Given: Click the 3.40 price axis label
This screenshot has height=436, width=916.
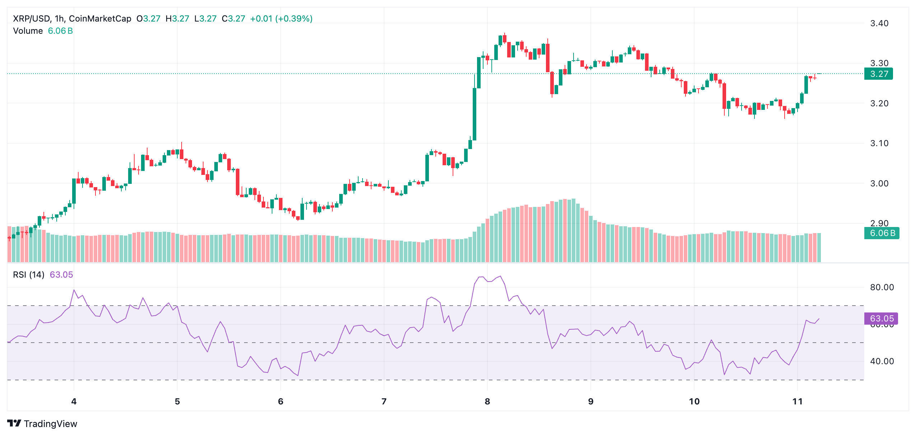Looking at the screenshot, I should pos(879,23).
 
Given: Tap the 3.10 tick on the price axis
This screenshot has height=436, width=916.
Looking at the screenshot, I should pos(879,143).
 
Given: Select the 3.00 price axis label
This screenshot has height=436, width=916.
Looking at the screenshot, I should pos(879,184).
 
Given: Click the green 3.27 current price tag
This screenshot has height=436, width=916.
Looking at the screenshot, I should pos(878,74).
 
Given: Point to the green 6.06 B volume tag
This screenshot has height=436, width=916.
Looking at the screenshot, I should pos(882,233).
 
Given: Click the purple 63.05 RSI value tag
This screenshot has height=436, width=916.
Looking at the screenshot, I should pos(882,319).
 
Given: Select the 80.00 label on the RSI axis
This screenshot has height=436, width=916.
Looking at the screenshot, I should pos(882,287).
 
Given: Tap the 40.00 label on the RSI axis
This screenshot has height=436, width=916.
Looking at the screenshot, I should pos(882,361).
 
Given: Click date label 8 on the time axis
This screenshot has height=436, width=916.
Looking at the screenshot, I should pos(487,402).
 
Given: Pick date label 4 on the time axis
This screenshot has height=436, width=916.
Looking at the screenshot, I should pos(74,402).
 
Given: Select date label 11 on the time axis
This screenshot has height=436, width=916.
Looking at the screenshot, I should pos(797,402).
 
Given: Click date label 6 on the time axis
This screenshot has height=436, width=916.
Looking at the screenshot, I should pos(280,402).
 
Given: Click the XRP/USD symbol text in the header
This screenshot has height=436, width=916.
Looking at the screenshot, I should pos(32,19).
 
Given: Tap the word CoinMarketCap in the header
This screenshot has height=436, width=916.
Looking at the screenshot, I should pos(100,19).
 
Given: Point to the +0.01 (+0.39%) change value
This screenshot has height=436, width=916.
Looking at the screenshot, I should pos(281,19).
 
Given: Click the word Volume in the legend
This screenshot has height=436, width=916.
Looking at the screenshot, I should pos(28,31).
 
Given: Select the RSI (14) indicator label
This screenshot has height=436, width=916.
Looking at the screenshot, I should pos(29,275).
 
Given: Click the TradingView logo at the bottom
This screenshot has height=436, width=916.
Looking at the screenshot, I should pos(42,424).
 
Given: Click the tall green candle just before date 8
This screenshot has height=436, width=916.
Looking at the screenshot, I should pos(475,114).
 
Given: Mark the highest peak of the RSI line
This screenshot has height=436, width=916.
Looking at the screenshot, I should pos(500,276).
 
